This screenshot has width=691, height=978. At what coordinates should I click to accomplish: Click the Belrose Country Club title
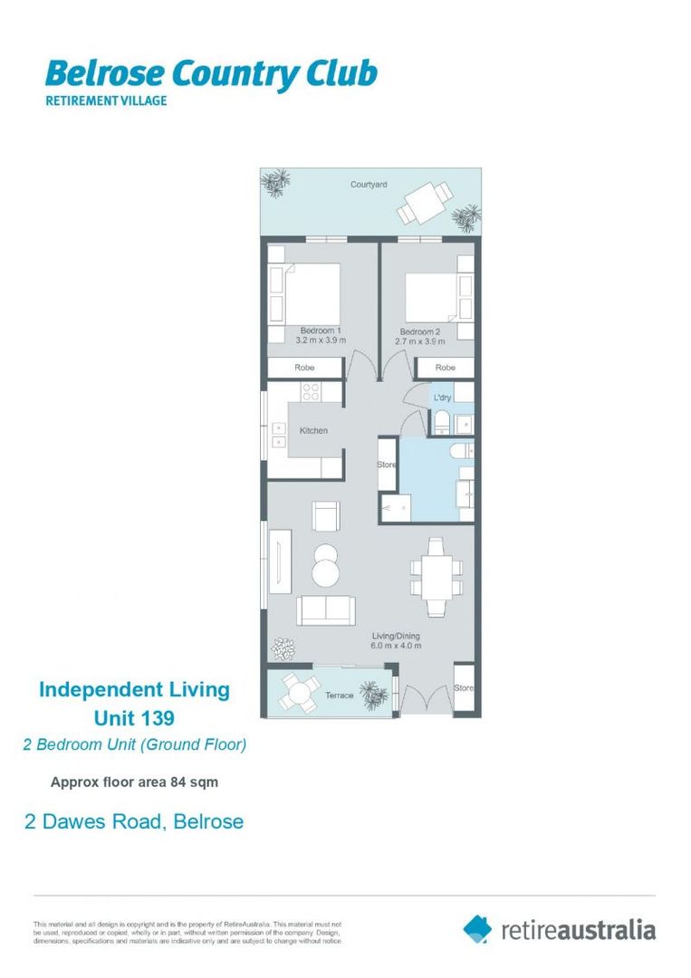point(210,74)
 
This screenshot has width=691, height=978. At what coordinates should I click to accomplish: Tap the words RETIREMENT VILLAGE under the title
point(106,101)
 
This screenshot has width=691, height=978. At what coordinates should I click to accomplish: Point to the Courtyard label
point(369,185)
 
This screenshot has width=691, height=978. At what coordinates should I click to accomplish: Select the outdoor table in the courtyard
point(424,202)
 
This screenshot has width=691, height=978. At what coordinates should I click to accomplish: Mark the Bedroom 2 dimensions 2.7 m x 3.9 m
point(420,341)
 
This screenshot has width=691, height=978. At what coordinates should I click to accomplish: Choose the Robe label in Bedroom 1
point(304,368)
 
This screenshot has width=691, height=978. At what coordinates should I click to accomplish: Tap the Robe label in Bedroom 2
point(445,368)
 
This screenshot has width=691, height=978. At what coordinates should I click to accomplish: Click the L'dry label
point(442,398)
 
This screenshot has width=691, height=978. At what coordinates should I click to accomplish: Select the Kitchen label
point(313,430)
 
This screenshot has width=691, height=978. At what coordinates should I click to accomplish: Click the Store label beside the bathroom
point(386,465)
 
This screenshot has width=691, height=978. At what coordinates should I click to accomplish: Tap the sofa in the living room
point(325,610)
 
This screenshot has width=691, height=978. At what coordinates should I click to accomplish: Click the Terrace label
point(339,695)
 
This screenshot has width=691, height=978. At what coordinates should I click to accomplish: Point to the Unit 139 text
point(134,718)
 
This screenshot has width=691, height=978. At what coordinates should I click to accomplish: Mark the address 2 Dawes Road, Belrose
point(133,821)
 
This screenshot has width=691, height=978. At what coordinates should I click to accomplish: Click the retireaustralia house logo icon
point(477,928)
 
